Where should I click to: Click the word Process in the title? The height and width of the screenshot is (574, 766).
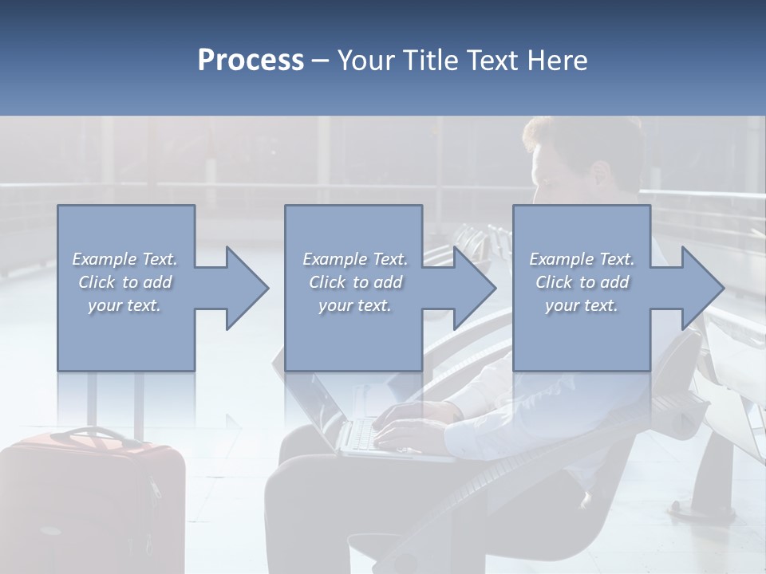tap(251, 61)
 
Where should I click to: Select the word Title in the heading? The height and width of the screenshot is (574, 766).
tap(427, 61)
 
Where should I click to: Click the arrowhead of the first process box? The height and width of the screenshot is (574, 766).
tap(247, 288)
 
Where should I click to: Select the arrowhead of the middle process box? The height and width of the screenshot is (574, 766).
tap(475, 288)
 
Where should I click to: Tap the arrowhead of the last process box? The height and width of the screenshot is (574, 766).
tap(702, 288)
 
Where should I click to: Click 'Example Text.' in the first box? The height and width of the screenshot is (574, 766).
tap(124, 259)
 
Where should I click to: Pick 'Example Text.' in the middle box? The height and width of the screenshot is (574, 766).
tap(355, 259)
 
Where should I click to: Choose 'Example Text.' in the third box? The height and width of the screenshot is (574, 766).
tap(582, 259)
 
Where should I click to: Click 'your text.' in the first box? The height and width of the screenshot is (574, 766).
tap(124, 305)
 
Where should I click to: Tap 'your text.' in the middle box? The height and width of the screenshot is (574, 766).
tap(355, 305)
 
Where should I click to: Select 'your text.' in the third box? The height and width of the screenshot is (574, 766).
tap(582, 305)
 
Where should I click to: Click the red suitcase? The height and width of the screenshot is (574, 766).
tap(92, 502)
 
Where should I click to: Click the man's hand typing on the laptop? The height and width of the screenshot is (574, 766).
tap(403, 431)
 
